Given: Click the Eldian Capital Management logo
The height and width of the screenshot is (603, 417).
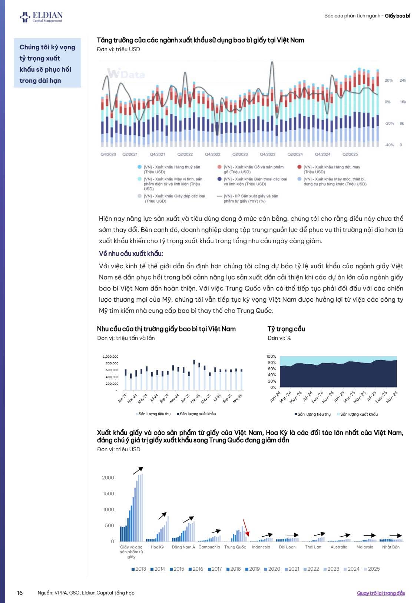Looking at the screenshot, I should (41, 17).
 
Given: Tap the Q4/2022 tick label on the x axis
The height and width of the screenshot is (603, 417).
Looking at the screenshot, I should (212, 154).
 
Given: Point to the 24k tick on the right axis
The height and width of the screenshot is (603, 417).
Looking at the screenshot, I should (403, 80).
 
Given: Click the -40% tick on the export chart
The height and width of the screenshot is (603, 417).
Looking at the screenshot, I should (389, 145).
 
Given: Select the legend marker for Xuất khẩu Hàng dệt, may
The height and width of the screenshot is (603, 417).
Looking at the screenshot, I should (299, 167).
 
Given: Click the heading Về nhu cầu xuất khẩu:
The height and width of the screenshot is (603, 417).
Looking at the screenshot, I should (131, 253).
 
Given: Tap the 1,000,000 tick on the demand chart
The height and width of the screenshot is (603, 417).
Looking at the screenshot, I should (110, 357).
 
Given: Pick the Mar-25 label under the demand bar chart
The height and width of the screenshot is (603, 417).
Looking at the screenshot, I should (195, 399).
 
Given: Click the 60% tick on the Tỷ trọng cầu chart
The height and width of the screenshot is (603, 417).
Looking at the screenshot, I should (271, 369).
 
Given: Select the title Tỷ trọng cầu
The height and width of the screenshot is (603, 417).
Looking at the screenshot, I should (286, 329).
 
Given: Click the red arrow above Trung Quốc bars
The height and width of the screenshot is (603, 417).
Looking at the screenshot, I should (245, 528).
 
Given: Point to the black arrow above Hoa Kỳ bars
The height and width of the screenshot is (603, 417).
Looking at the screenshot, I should (162, 516).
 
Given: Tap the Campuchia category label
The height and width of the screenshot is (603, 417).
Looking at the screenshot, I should (209, 547).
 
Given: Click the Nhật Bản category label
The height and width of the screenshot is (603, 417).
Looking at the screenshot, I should (391, 547).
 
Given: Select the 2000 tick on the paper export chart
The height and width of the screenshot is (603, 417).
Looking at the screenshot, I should (108, 478).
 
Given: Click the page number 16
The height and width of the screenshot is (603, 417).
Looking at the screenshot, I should (20, 593).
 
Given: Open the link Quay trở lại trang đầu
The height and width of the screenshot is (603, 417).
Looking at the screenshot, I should (381, 593).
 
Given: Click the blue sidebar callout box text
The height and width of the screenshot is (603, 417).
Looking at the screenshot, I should (47, 63).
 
